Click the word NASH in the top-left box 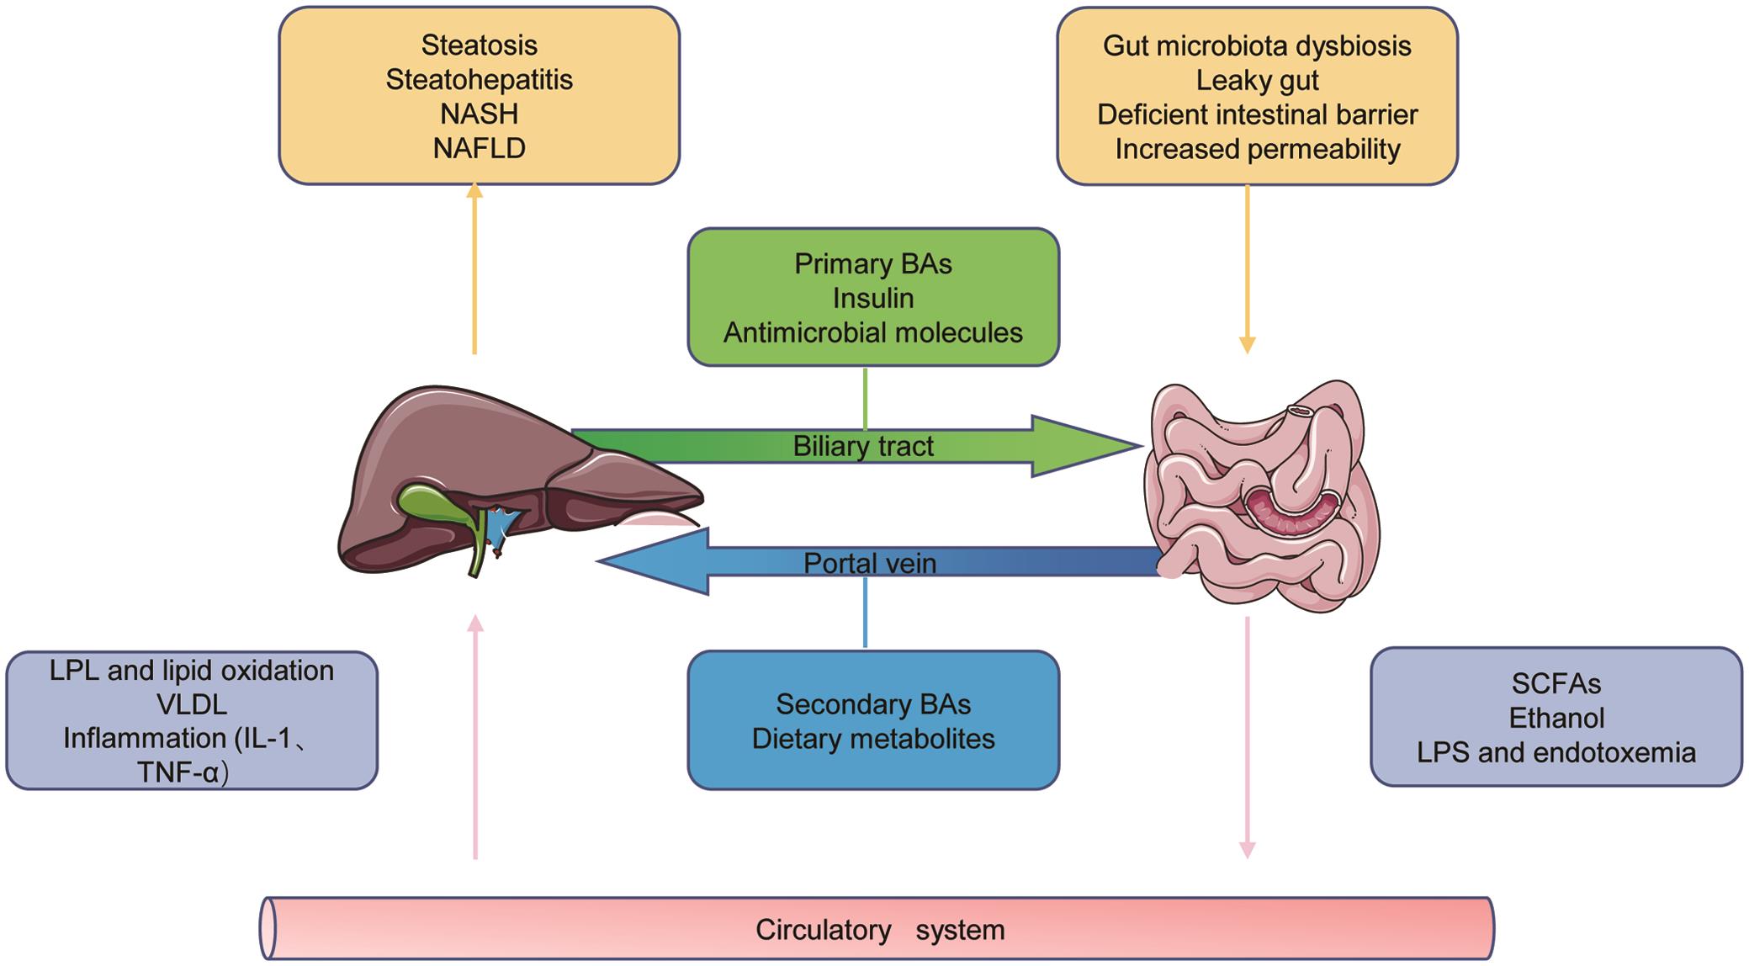tap(479, 114)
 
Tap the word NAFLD tap(479, 148)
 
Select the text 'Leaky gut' tap(1257, 81)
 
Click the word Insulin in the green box tap(873, 298)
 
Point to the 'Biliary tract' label tap(863, 446)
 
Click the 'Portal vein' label tap(869, 563)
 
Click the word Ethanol tap(1556, 718)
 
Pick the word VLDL tap(192, 704)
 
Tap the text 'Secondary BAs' tap(872, 703)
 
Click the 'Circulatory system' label tap(879, 930)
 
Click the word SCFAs tap(1556, 683)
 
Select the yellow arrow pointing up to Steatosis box tap(474, 269)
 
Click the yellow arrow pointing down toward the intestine tap(1247, 269)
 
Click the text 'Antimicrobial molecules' tap(872, 332)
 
